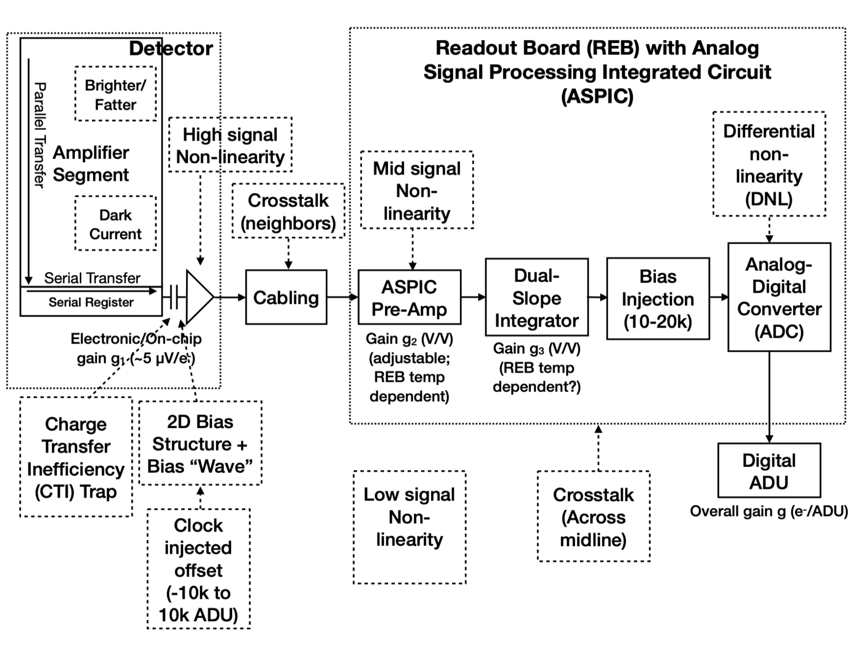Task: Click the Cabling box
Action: pyautogui.click(x=286, y=297)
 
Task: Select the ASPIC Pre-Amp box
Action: pyautogui.click(x=410, y=297)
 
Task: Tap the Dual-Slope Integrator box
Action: pyautogui.click(x=537, y=297)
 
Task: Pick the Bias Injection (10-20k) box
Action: pyautogui.click(x=658, y=298)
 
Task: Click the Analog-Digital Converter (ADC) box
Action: pyautogui.click(x=780, y=297)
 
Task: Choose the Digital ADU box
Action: pyautogui.click(x=769, y=470)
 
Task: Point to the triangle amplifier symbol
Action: pyautogui.click(x=200, y=297)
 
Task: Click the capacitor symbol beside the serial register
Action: pyautogui.click(x=174, y=297)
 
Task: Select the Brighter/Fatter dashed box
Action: pyautogui.click(x=115, y=94)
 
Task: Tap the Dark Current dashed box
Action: pyautogui.click(x=115, y=223)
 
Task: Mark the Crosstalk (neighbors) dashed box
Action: pyautogui.click(x=288, y=211)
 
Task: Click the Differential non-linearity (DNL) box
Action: pyautogui.click(x=769, y=164)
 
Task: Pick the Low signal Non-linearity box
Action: pyautogui.click(x=410, y=527)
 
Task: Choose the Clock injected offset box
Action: pyautogui.click(x=199, y=568)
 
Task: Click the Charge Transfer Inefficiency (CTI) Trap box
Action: pyautogui.click(x=76, y=457)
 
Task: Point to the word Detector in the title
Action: pyautogui.click(x=171, y=49)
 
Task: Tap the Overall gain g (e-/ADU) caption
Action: pyautogui.click(x=769, y=511)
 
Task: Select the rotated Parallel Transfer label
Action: pyautogui.click(x=40, y=135)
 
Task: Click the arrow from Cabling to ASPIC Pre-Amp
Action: pyautogui.click(x=342, y=297)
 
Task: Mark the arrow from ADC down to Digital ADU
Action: pyautogui.click(x=769, y=397)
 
